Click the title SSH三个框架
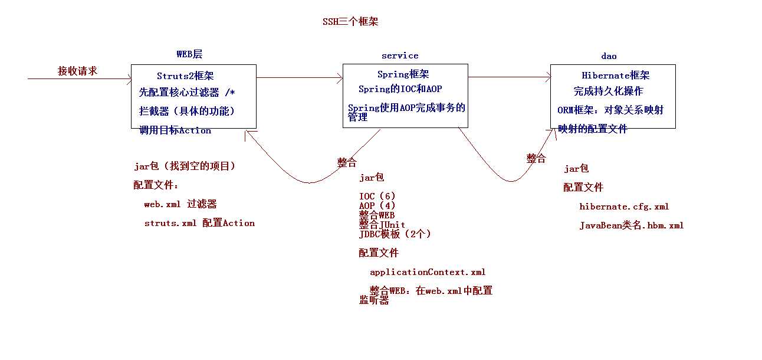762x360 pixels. click(350, 22)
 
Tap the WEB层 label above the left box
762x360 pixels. click(189, 54)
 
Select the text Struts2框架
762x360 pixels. click(185, 76)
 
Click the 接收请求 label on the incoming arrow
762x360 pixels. click(77, 71)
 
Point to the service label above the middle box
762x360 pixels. click(400, 55)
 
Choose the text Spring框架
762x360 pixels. click(403, 74)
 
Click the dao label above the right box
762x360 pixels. click(609, 56)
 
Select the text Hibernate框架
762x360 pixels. click(615, 76)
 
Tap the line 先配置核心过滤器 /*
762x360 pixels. click(187, 93)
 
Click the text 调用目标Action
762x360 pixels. click(175, 130)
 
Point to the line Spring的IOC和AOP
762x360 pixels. click(400, 89)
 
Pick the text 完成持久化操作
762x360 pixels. click(608, 91)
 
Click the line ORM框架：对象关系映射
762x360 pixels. click(610, 110)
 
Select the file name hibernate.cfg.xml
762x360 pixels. click(624, 207)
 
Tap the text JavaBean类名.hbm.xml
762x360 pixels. click(631, 225)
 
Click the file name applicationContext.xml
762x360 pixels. click(428, 272)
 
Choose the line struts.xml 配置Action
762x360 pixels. click(199, 223)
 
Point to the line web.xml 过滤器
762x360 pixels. click(180, 204)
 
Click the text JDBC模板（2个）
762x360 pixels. click(395, 234)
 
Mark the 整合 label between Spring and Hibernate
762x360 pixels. click(536, 159)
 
